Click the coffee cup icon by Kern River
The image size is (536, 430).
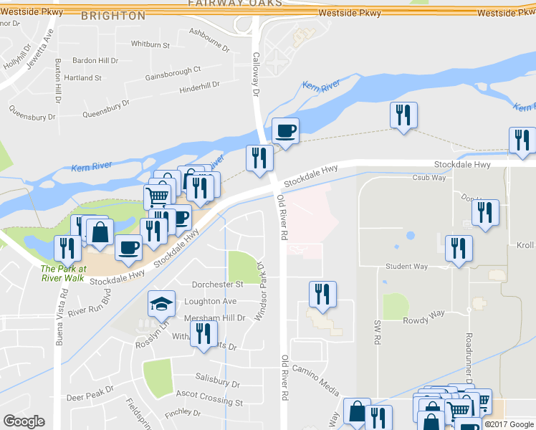point(284,130)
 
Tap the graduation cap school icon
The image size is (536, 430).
point(161,304)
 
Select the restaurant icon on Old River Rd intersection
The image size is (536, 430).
point(259,158)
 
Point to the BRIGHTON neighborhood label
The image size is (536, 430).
point(113,15)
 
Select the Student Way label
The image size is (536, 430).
point(406,267)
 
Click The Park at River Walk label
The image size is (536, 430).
point(64,273)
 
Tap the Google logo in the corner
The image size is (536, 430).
point(24,421)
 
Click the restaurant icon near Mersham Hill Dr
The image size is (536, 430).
point(204,333)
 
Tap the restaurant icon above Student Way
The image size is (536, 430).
point(458,248)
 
